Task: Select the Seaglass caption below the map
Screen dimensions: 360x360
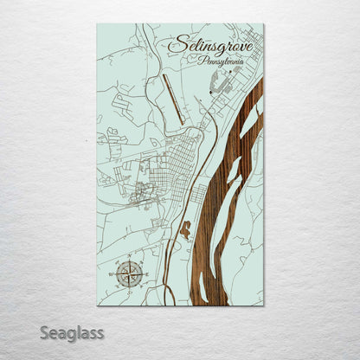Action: tap(72, 332)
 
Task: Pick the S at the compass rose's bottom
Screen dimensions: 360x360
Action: tap(130, 291)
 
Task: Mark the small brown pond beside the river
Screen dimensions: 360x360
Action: tap(183, 229)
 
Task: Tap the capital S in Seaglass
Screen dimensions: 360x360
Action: tap(45, 331)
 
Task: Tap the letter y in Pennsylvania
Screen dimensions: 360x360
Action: tap(226, 65)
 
